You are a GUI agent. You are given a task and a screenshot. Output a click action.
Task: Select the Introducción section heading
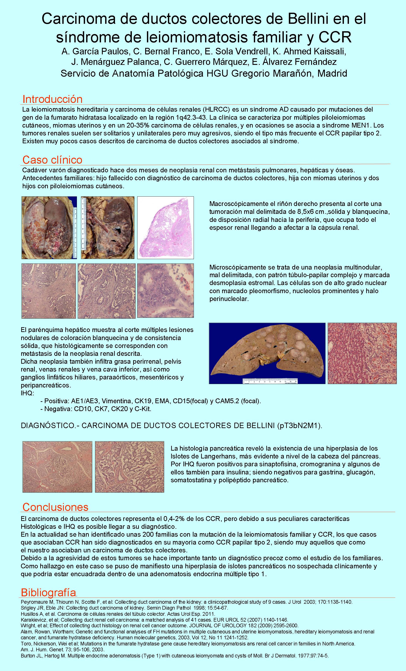click(52, 99)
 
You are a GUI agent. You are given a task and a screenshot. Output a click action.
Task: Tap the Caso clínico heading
click(52, 160)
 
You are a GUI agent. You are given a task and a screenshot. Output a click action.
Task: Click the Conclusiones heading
click(55, 507)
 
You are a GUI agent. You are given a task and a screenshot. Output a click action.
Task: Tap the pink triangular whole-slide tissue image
click(166, 228)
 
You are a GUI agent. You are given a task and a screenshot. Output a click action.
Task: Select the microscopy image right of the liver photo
click(362, 353)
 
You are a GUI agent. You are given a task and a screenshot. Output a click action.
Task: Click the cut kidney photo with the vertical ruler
click(108, 228)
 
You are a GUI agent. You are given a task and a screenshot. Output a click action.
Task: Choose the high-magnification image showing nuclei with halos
click(166, 290)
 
